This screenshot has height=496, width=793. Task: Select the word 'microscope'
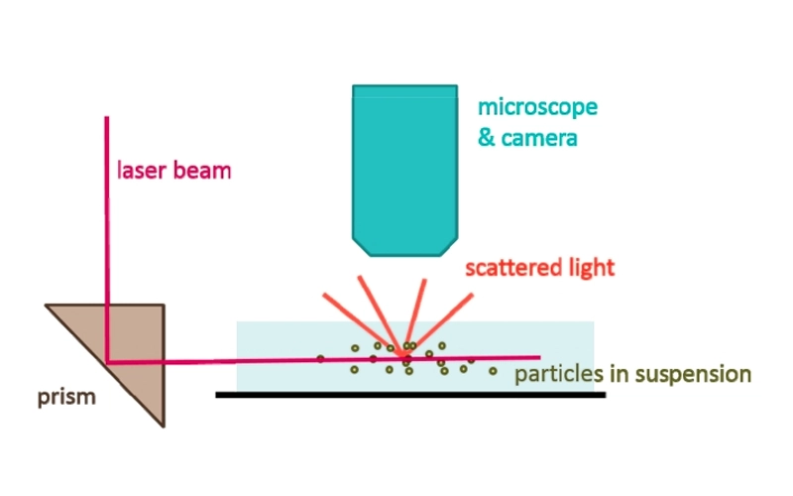coord(537,106)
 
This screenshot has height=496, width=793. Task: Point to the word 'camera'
coord(539,138)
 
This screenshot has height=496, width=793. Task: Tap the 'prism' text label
coord(66,399)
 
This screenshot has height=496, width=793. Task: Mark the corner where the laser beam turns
coord(108,362)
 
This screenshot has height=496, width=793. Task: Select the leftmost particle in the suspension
coord(320,358)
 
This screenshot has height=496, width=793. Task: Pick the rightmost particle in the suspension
coord(493,371)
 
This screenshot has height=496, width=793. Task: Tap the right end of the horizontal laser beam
coord(539,357)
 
